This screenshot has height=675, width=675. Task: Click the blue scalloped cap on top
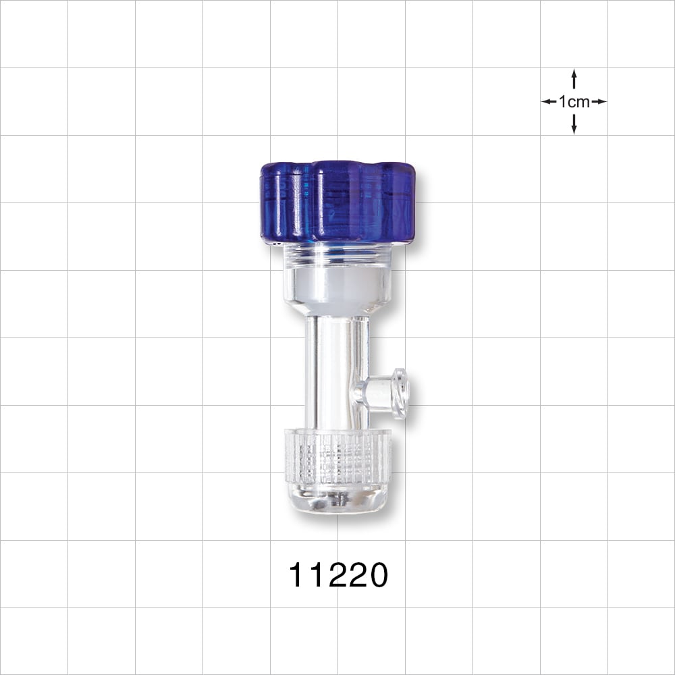click(x=337, y=200)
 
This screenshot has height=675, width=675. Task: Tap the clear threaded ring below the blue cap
click(x=337, y=253)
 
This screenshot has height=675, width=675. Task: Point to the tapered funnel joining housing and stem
click(x=337, y=310)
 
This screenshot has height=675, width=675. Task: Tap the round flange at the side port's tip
click(x=402, y=394)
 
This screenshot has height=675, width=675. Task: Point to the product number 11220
click(x=338, y=576)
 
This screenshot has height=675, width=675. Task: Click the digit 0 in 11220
click(x=377, y=576)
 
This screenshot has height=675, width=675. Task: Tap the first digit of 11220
click(x=296, y=576)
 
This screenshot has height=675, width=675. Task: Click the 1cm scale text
click(x=574, y=102)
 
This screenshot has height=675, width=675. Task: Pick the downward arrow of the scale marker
click(x=574, y=126)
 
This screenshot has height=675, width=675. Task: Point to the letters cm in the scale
click(x=579, y=102)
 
